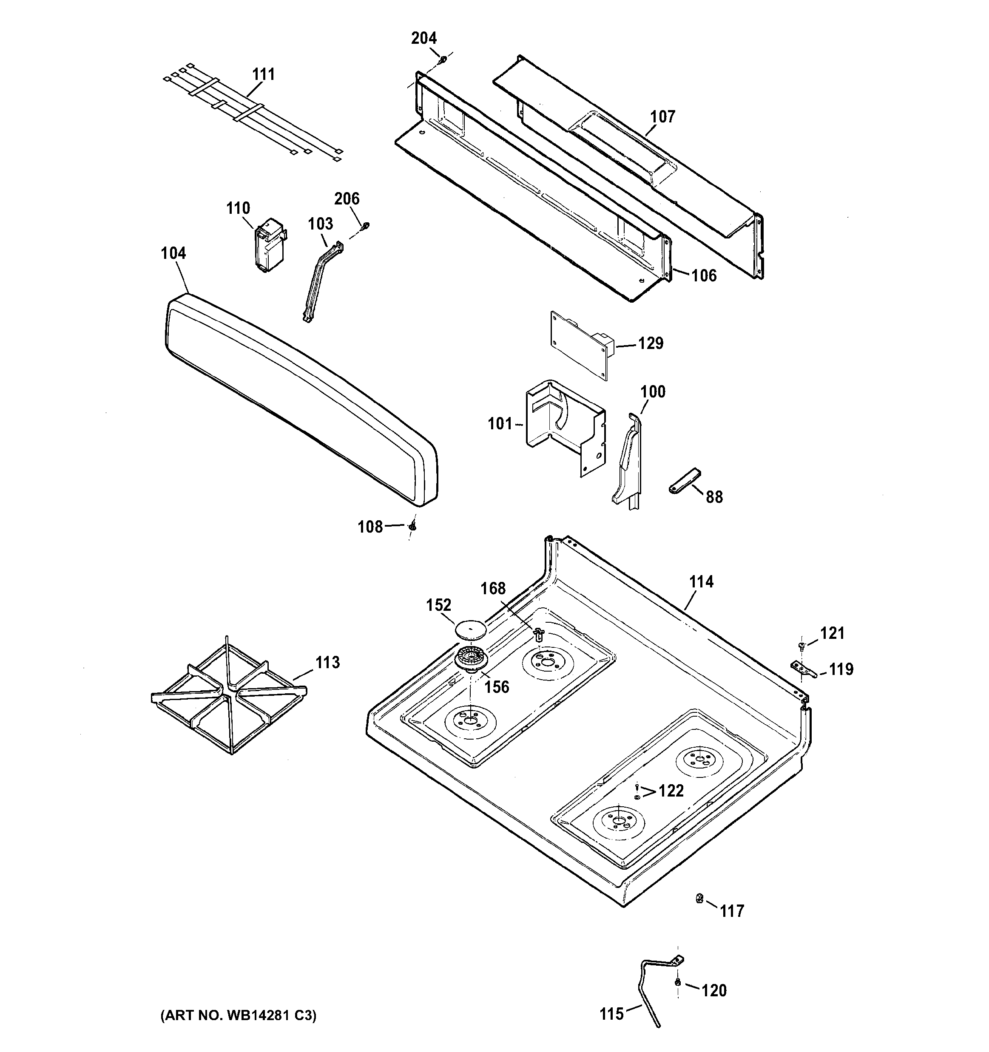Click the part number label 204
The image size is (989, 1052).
click(x=424, y=38)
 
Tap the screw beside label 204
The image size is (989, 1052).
click(x=441, y=60)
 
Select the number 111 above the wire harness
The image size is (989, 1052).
click(x=263, y=74)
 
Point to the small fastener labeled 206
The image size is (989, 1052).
click(x=365, y=227)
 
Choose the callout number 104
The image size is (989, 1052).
click(x=173, y=253)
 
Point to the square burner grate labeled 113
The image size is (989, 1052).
click(x=229, y=696)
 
